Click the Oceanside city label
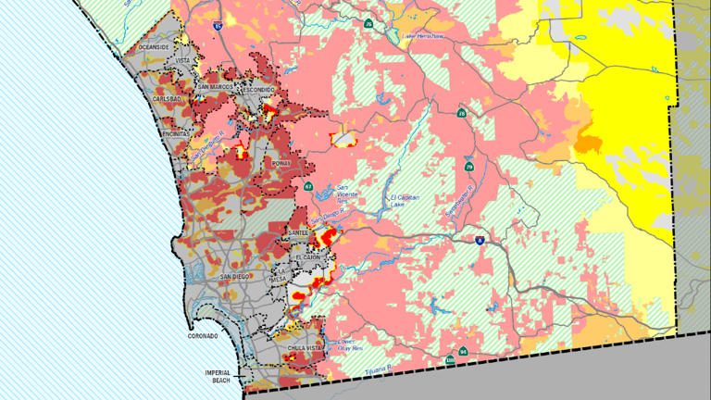coord(155,46)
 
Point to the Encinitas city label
coord(175,133)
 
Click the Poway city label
coord(281,163)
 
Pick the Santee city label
coord(298,232)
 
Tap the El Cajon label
coord(307,257)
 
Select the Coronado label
coord(203,336)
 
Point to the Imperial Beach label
coord(218,375)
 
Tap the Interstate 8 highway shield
coord(480,240)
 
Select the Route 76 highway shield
coord(368,24)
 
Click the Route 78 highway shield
coord(461,114)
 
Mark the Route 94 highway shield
coord(462,353)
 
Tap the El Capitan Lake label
coord(405,201)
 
